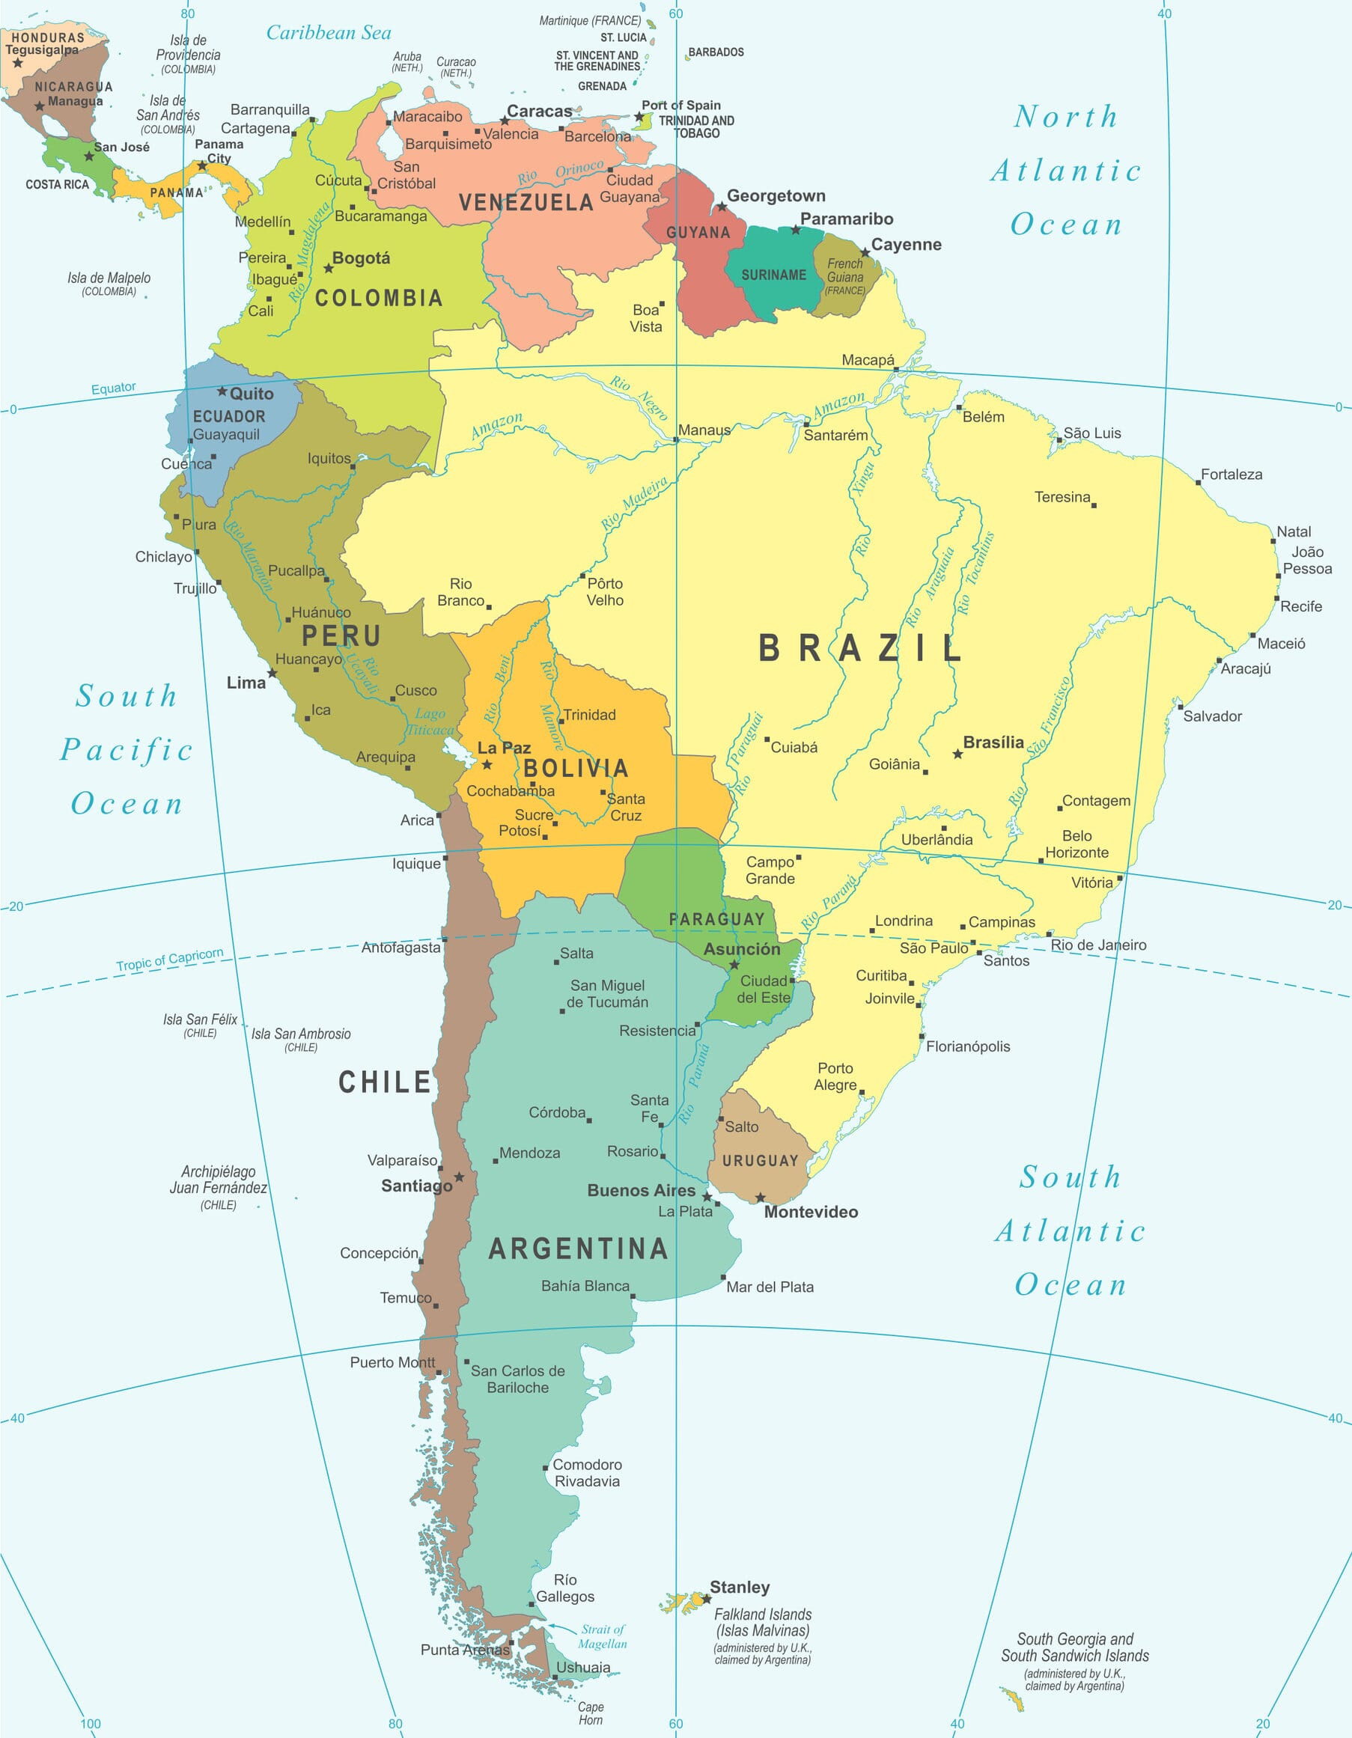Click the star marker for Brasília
click(x=957, y=754)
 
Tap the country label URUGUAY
click(x=760, y=1161)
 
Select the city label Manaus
click(x=704, y=430)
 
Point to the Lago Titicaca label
click(x=430, y=722)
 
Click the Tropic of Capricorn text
click(x=169, y=959)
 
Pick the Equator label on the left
click(x=113, y=388)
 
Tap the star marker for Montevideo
click(x=760, y=1198)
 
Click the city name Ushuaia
click(x=583, y=1667)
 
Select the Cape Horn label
click(x=591, y=1713)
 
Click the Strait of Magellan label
click(x=603, y=1637)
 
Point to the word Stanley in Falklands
click(x=740, y=1587)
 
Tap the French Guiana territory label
click(x=844, y=276)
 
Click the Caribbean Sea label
click(x=328, y=33)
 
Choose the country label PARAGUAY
click(x=716, y=919)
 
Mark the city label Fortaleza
click(x=1231, y=475)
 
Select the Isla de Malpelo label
click(x=109, y=282)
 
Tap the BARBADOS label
click(x=716, y=52)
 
